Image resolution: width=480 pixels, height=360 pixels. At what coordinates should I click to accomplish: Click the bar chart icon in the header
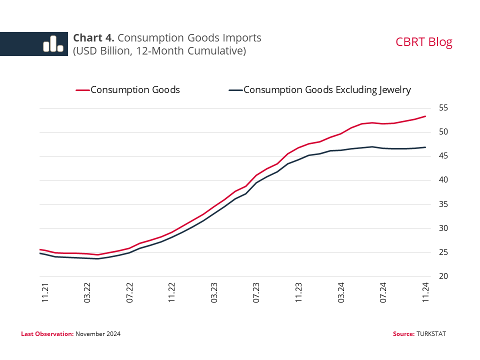53,44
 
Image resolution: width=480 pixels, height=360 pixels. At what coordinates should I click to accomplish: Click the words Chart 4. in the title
94,38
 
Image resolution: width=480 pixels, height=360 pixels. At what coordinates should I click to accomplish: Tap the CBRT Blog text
423,42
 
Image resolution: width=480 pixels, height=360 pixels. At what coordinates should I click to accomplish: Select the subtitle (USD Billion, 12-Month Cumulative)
159,51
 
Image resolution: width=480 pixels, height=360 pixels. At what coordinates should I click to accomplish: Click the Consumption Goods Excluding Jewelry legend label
327,90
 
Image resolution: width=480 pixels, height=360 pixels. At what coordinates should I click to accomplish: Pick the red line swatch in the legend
82,90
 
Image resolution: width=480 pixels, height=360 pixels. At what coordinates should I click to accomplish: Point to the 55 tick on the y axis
443,108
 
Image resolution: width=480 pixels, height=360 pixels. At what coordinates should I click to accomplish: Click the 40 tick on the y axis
443,180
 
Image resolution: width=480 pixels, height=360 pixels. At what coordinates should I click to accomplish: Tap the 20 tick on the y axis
443,276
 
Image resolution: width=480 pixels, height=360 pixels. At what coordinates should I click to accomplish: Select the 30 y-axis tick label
443,228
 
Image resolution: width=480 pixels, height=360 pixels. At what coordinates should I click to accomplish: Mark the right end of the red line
425,116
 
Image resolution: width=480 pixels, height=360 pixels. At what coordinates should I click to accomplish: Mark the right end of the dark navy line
425,147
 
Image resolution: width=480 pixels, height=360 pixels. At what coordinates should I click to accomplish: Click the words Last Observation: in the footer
47,333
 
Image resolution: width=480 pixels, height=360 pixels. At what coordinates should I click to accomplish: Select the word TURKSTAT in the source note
431,333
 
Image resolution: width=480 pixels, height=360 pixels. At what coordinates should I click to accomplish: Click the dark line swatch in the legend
235,90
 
